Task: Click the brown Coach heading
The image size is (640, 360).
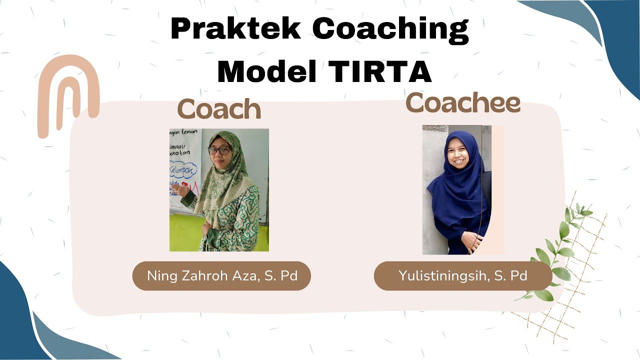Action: [x=219, y=109]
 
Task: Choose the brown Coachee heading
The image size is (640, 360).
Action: [x=463, y=102]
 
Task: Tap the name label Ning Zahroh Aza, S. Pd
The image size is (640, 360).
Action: [x=221, y=276]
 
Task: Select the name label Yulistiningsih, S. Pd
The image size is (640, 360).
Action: [x=463, y=276]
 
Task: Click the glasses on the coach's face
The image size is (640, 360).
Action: [x=219, y=150]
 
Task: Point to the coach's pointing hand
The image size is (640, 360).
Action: [x=183, y=190]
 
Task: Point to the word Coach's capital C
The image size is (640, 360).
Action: [x=187, y=110]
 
